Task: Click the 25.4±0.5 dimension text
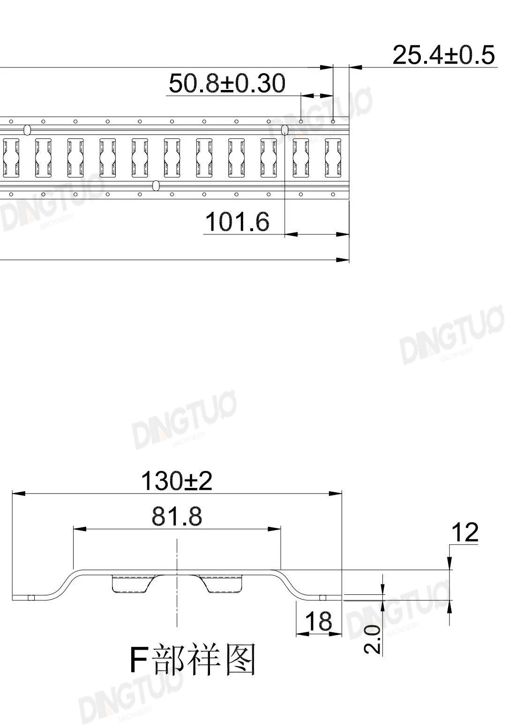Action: (444, 55)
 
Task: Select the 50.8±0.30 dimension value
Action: (227, 83)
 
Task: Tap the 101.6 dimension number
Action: (238, 222)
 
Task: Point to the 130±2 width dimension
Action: (177, 481)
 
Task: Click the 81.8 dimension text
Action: (177, 517)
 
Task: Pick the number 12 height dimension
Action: (465, 532)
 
